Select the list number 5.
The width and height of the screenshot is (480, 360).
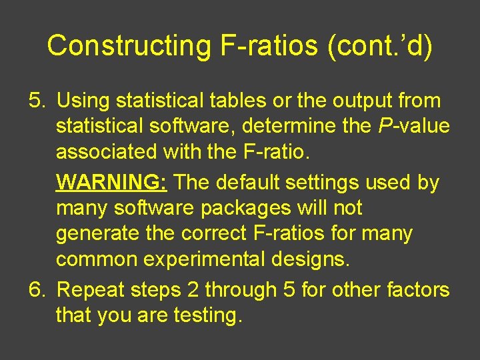(x=37, y=101)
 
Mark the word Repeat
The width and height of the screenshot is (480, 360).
(x=90, y=290)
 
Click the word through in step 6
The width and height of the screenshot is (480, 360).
(x=243, y=290)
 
